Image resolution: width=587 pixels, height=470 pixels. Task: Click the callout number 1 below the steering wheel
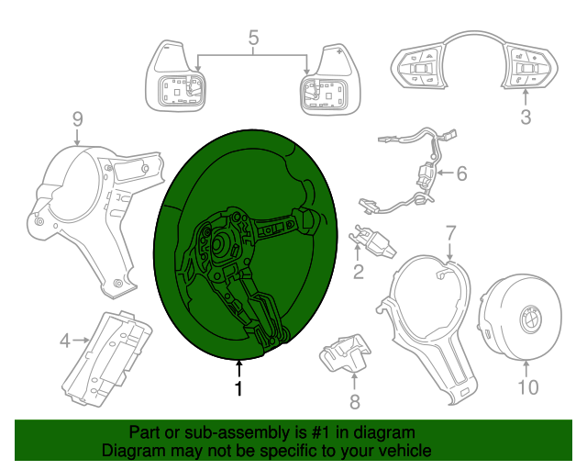[x=239, y=389]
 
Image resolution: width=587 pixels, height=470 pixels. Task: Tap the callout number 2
[x=359, y=271]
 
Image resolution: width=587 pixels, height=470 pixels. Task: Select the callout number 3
[x=526, y=117]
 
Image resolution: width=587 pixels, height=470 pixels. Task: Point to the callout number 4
[x=64, y=341]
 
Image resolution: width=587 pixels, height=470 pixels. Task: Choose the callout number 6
[x=461, y=173]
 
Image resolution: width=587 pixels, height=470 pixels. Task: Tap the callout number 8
[x=355, y=401]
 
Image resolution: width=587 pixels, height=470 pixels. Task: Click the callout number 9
[x=78, y=118]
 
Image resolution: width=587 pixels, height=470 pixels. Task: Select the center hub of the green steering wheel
[x=223, y=246]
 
